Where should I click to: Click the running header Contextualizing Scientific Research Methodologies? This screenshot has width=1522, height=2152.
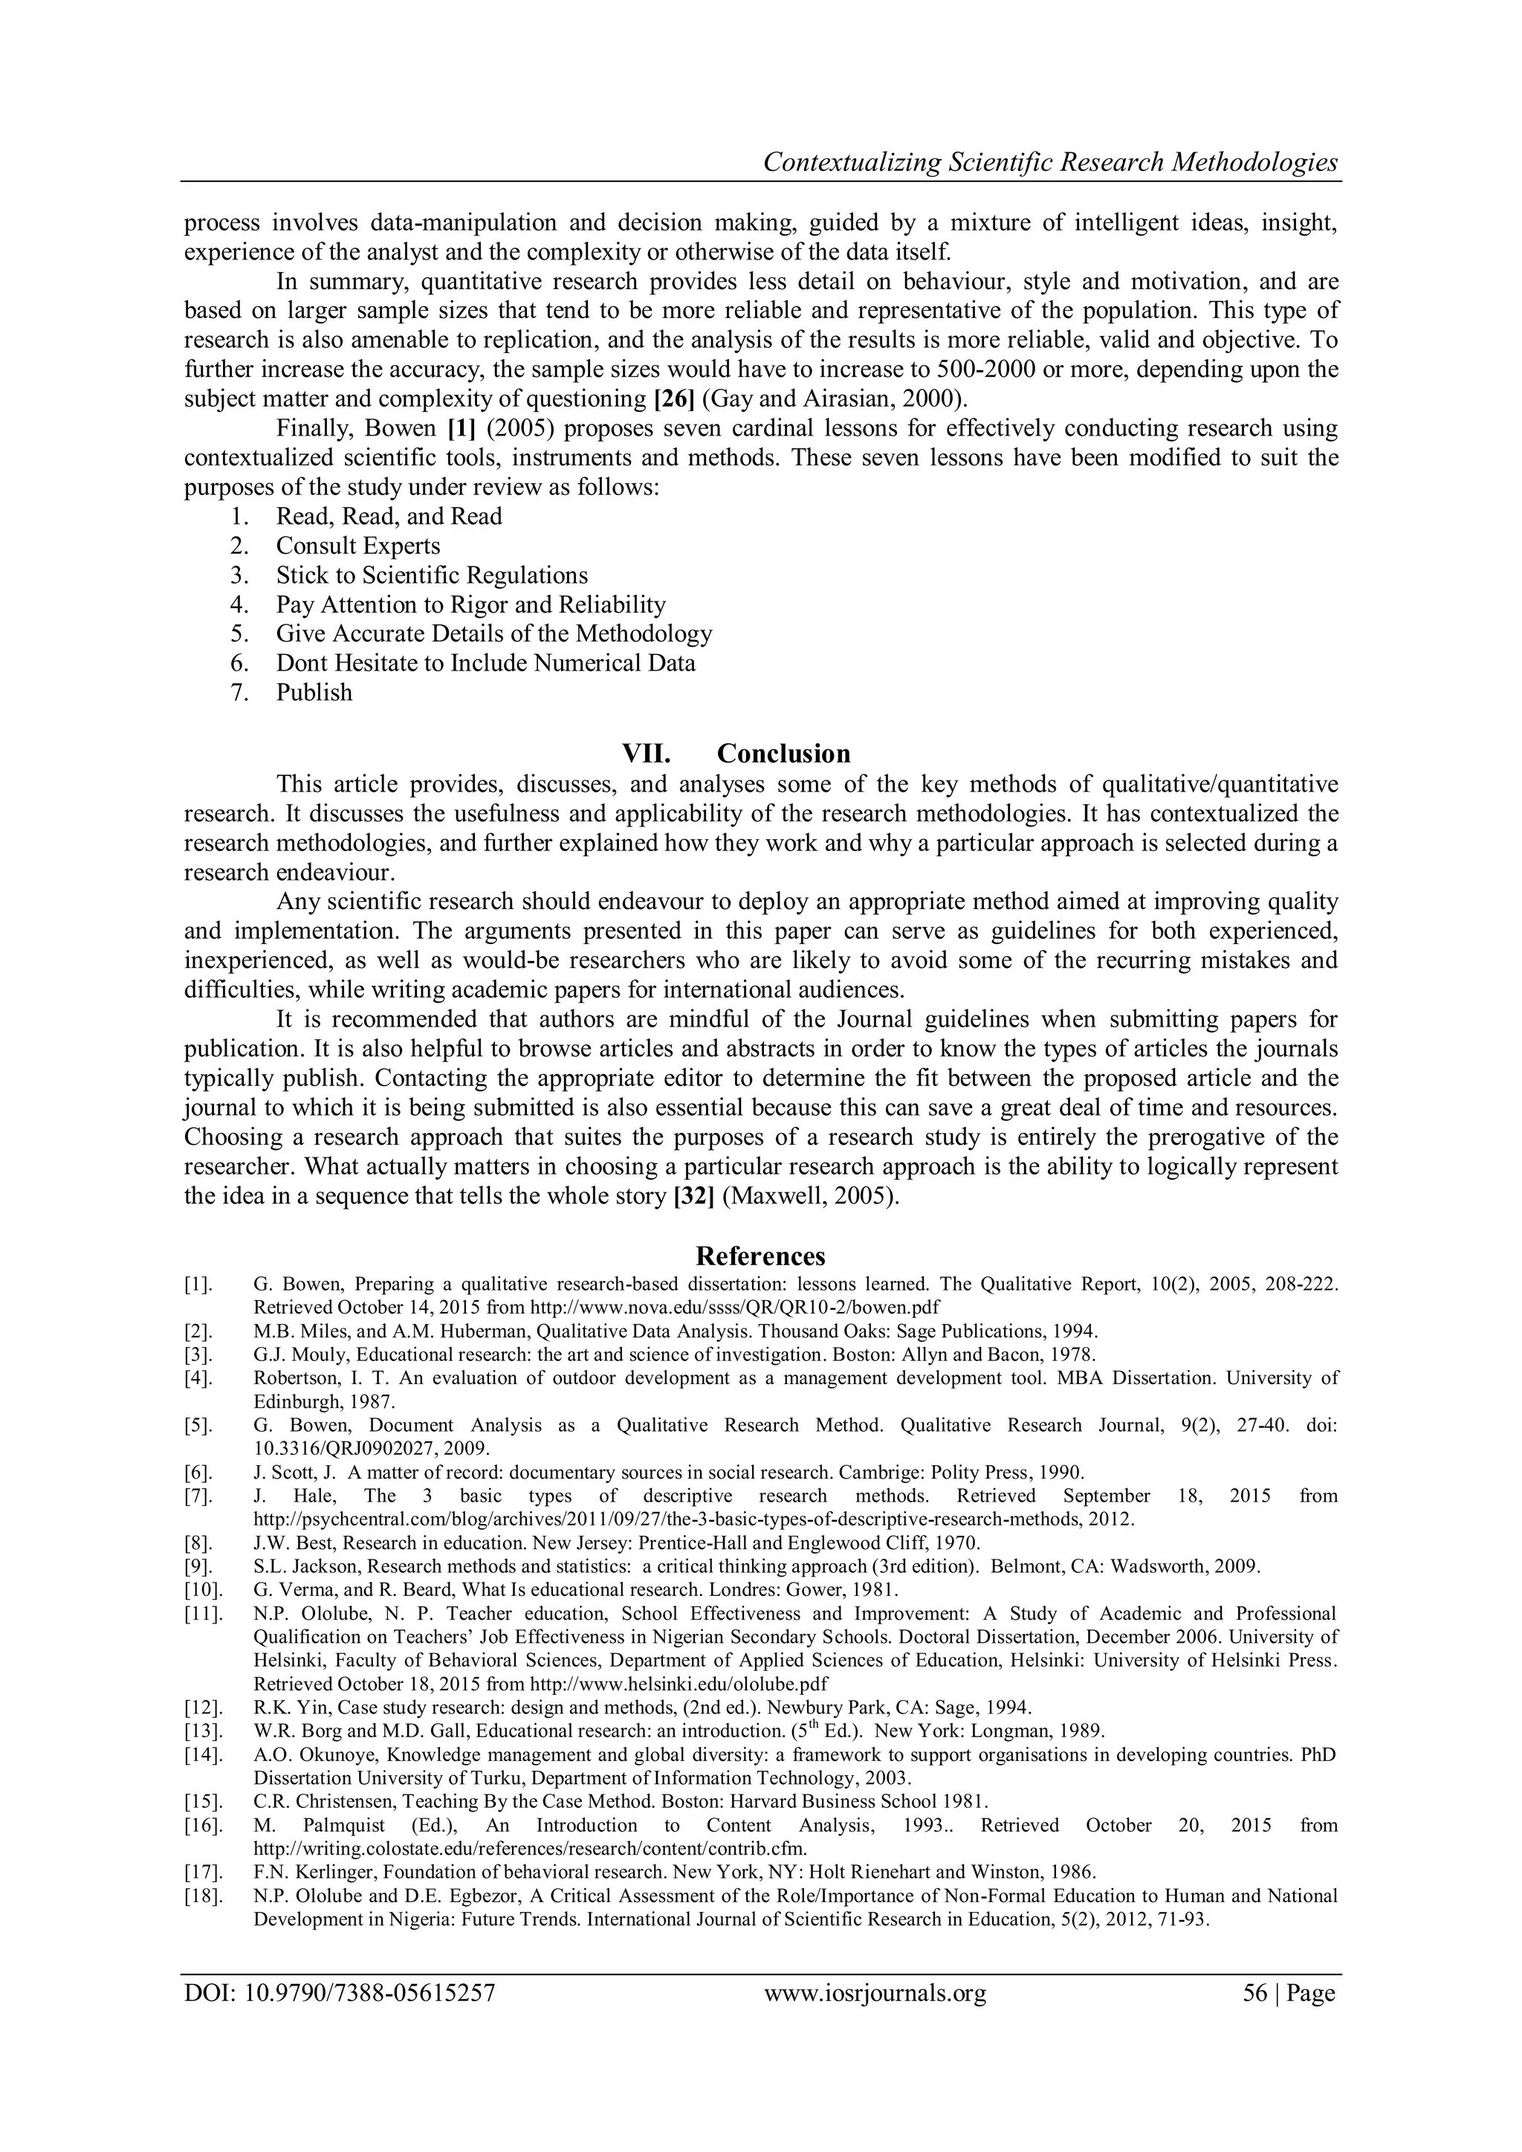tap(1049, 162)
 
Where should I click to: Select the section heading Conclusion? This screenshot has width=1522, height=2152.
tap(783, 754)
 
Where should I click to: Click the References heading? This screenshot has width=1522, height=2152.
tap(760, 1255)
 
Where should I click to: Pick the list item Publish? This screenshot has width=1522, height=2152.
tap(314, 693)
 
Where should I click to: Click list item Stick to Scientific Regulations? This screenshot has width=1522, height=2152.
tap(431, 575)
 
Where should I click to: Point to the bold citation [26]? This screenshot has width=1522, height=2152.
tap(673, 398)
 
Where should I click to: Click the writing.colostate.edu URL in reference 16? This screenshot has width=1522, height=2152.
tap(531, 1848)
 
